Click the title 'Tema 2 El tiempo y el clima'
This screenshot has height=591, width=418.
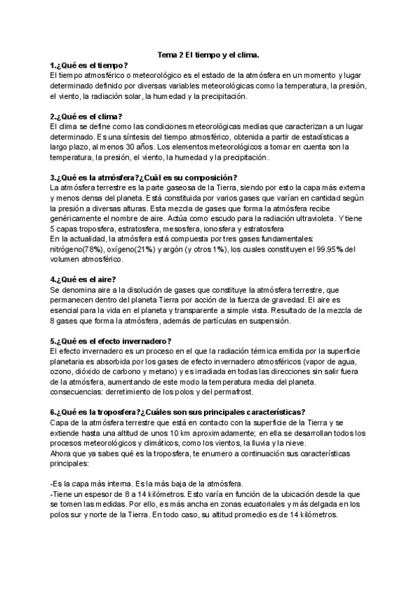click(x=209, y=54)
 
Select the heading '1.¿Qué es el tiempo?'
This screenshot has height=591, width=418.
click(x=89, y=65)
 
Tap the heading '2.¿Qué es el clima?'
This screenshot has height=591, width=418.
click(x=86, y=116)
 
